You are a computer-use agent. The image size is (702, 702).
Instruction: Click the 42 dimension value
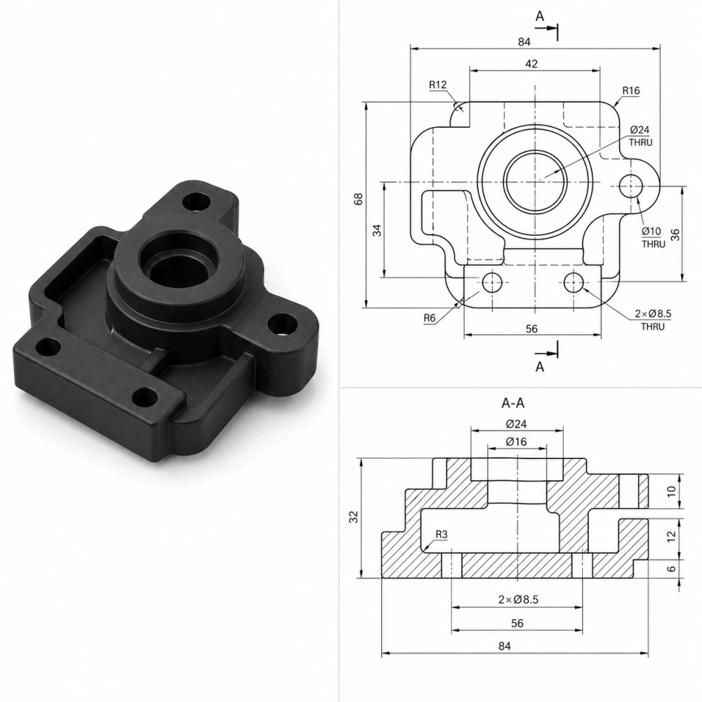(531, 64)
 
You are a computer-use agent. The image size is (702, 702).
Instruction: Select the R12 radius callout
(437, 85)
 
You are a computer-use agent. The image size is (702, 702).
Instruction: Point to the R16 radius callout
(631, 91)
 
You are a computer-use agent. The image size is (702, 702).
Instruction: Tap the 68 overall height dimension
(358, 199)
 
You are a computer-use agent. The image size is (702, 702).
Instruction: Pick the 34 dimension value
(378, 230)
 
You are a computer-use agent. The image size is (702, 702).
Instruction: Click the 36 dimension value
(675, 234)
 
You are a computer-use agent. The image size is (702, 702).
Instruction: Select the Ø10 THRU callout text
(653, 237)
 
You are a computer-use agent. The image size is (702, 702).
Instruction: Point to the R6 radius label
(430, 318)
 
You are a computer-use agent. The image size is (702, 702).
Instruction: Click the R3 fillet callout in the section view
(442, 534)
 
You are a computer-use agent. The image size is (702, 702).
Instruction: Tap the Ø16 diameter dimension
(516, 442)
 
